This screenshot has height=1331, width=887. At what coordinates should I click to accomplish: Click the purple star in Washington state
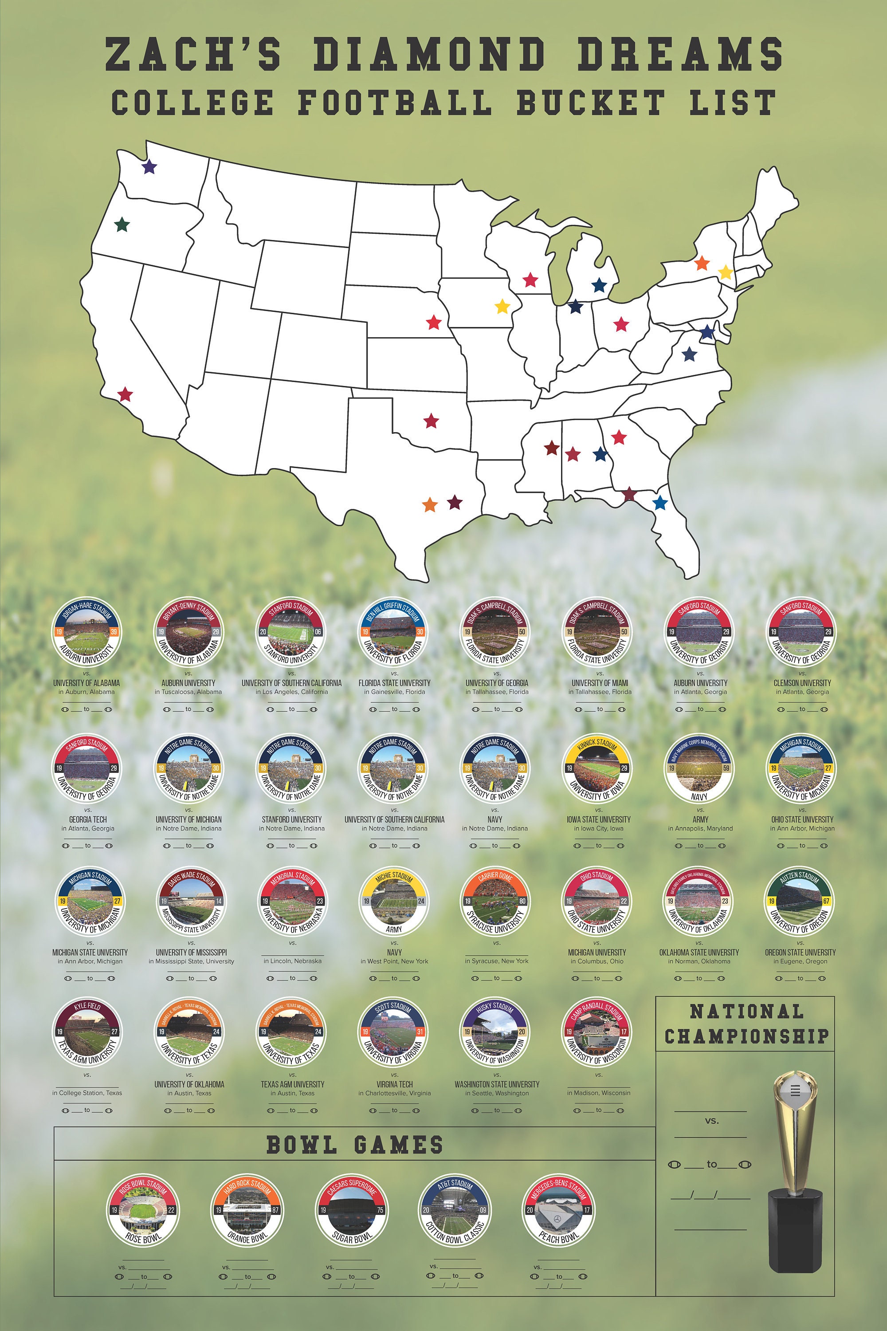tap(149, 167)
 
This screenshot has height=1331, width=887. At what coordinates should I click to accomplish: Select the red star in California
tap(125, 394)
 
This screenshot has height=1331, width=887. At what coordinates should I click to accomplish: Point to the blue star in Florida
tap(659, 502)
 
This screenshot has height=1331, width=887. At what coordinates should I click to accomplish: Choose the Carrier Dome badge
tap(495, 901)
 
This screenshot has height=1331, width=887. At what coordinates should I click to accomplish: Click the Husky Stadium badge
tap(495, 1033)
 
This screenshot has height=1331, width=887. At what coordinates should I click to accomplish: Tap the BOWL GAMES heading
tap(355, 1145)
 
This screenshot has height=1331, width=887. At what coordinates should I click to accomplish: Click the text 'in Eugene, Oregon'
tap(800, 961)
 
